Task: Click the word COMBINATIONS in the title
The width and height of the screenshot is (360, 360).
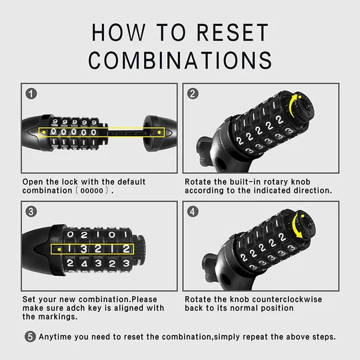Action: tap(180, 60)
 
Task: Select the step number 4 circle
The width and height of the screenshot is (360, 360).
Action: tap(193, 212)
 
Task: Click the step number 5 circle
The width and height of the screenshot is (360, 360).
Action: tap(30, 337)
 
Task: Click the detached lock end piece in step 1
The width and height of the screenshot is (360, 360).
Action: tap(159, 131)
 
